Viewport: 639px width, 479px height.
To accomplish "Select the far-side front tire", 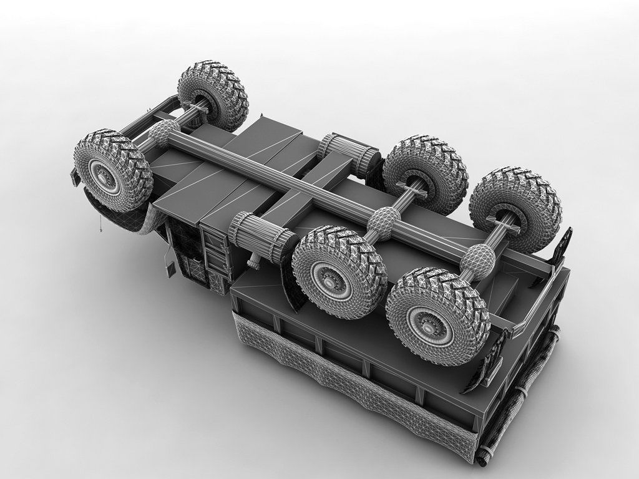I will click(213, 95).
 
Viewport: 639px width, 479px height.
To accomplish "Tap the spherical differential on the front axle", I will click(164, 132).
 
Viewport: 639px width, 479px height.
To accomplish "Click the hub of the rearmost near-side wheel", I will click(431, 319).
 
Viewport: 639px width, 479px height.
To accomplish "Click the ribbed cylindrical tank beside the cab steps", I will click(261, 236).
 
